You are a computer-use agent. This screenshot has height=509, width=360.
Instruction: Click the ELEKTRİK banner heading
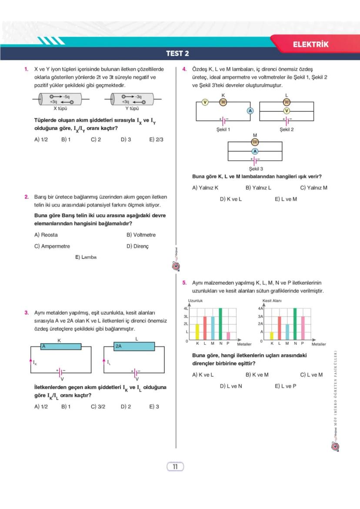pos(310,44)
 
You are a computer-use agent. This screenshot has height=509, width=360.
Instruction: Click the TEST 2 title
pos(177,54)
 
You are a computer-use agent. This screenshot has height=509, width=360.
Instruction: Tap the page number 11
pos(175,467)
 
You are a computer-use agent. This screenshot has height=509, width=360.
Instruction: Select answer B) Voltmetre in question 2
pos(141,235)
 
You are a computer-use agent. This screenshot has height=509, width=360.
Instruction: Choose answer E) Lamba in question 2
pos(86,257)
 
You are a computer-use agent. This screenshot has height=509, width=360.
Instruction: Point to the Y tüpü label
pos(132,109)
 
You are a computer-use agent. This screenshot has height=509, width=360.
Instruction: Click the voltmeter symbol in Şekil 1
pos(205,102)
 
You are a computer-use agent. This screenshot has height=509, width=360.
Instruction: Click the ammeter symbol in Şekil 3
pos(255,151)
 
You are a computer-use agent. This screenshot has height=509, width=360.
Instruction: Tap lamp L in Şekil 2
pos(286,102)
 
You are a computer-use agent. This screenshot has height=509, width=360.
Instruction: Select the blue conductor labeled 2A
pos(134,346)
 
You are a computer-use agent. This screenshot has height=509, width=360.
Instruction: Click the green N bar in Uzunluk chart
pos(220,324)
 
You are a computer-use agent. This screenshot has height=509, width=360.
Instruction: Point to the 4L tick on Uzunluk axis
pos(186,308)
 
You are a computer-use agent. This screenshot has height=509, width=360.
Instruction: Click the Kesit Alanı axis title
pos(272,300)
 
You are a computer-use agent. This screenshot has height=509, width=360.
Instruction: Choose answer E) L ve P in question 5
pos(285,386)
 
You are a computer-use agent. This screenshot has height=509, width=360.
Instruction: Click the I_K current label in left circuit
pos(35,363)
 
